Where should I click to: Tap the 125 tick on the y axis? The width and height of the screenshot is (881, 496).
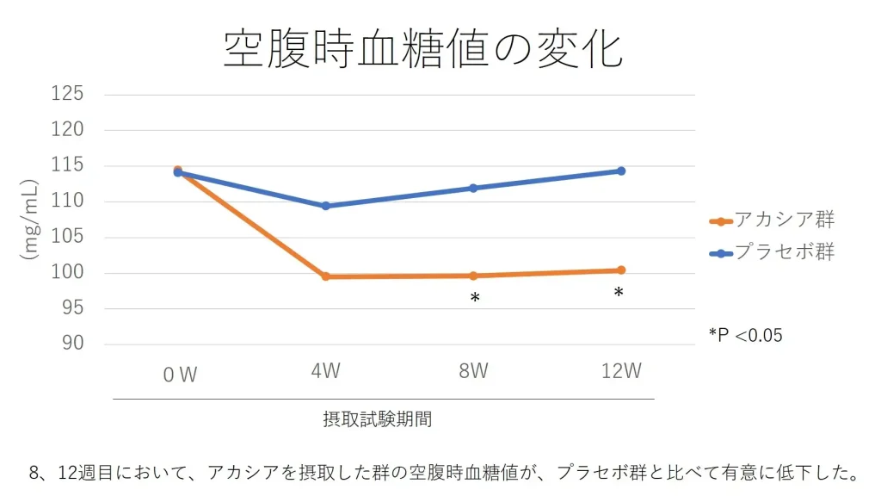[x=68, y=94]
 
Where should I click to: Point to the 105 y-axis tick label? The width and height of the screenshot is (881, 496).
[x=68, y=237]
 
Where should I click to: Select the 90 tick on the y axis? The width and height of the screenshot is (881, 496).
[x=73, y=344]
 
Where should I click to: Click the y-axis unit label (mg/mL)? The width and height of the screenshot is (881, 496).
[x=32, y=220]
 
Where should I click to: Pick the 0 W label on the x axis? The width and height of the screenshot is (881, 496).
[x=180, y=375]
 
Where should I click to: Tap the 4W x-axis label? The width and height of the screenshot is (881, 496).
[x=326, y=371]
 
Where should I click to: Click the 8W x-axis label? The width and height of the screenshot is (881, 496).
[x=473, y=371]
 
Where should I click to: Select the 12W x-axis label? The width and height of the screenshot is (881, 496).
[x=621, y=371]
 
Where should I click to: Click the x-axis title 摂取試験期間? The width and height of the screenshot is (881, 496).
[x=378, y=419]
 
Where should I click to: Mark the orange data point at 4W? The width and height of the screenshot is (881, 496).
[x=326, y=276]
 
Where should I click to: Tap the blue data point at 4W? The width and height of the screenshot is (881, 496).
[x=326, y=206]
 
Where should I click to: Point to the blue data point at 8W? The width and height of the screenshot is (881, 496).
[x=473, y=188]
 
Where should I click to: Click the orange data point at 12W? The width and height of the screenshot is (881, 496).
[x=621, y=270]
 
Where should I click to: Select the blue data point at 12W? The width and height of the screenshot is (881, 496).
[x=621, y=170]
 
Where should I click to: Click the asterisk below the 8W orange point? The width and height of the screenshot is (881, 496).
[x=474, y=299]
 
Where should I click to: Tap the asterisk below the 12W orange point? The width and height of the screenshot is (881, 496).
[x=619, y=294]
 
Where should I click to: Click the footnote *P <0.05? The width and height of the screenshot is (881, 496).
[x=745, y=335]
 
